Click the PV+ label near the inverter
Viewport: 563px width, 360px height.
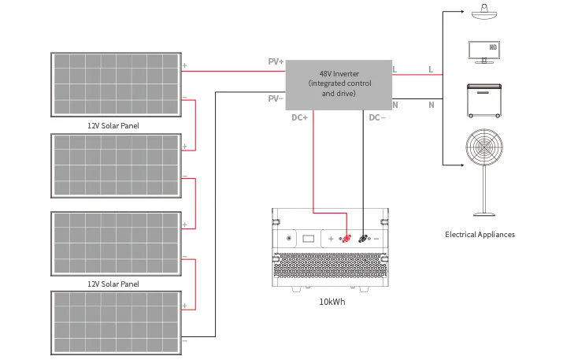[276, 61]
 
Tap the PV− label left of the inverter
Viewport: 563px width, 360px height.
[276, 98]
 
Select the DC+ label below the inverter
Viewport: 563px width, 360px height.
[300, 117]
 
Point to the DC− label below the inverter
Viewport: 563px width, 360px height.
[376, 117]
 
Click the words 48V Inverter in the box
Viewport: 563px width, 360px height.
[339, 74]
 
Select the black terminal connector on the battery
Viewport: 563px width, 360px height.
[363, 238]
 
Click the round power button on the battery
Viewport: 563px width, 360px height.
[289, 238]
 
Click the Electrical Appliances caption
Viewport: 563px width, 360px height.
[480, 235]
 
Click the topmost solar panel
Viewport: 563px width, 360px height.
[116, 83]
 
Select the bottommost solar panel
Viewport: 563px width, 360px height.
[116, 322]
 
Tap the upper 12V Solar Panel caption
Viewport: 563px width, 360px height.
[113, 125]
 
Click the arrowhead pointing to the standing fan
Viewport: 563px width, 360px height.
[460, 165]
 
